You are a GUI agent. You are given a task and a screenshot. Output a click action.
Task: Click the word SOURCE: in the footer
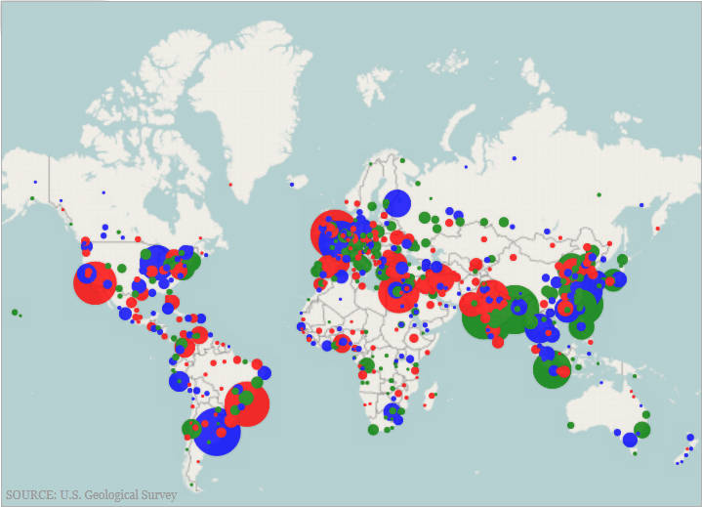[x=30, y=495]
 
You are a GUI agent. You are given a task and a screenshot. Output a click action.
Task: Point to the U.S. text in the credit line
[x=73, y=495]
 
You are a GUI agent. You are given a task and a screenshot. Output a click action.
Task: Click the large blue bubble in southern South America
[x=217, y=432]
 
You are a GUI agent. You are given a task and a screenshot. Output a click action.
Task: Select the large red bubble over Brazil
[x=246, y=403]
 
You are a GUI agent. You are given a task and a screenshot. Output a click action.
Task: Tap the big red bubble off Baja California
[x=95, y=283]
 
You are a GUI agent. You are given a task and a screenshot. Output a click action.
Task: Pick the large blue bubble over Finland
[x=396, y=203]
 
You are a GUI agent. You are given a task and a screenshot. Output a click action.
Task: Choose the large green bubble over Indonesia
[x=552, y=369]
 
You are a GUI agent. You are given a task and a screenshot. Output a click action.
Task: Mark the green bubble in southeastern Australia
[x=641, y=430]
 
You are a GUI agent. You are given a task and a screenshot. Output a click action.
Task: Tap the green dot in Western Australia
[x=570, y=425]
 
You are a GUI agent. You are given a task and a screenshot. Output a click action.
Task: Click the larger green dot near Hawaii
[x=15, y=313]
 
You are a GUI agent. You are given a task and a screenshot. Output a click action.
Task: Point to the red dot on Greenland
[x=231, y=184]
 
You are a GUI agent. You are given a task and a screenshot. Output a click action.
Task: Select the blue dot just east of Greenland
[x=291, y=184]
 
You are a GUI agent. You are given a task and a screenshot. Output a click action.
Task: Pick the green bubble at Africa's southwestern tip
[x=373, y=429]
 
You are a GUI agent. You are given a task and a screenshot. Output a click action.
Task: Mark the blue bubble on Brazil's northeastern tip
[x=265, y=372]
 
